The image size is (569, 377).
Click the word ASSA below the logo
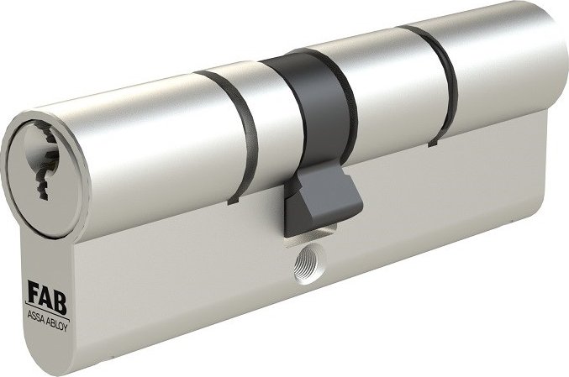pos(35,316)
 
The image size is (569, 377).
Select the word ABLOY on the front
pos(57,324)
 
